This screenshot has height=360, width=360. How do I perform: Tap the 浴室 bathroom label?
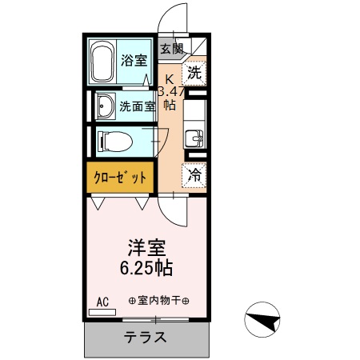point(134,60)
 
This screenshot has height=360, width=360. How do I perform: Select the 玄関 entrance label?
point(170,48)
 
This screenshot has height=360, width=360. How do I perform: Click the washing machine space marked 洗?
point(194,73)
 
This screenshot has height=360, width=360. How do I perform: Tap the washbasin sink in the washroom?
point(104,105)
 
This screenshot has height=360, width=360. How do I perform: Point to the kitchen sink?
point(194,138)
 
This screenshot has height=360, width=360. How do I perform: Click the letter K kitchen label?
point(169,78)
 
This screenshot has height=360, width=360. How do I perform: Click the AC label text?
point(102,301)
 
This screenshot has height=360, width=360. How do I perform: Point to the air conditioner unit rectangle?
point(102,311)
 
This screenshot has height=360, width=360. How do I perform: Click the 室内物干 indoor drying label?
point(158,302)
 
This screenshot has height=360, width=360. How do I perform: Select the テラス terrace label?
point(146,337)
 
